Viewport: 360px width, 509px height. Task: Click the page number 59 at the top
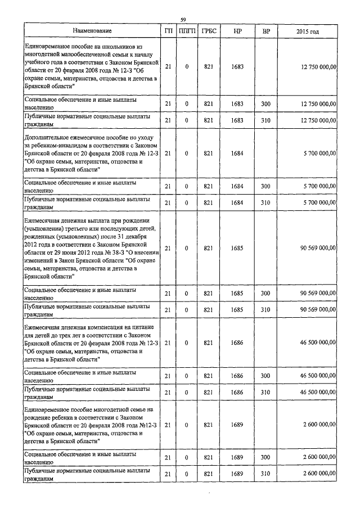[183, 20]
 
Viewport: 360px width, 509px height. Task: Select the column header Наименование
[92, 31]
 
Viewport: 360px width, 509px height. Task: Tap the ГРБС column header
[209, 31]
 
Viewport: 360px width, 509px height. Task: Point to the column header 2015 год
[307, 31]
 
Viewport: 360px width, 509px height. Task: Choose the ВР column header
[265, 31]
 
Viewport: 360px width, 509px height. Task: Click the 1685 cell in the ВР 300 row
[237, 294]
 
